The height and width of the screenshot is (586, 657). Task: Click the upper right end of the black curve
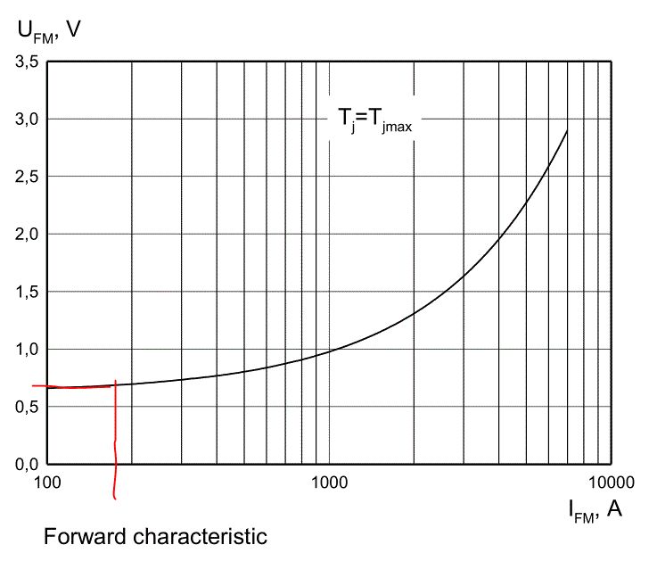click(567, 131)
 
